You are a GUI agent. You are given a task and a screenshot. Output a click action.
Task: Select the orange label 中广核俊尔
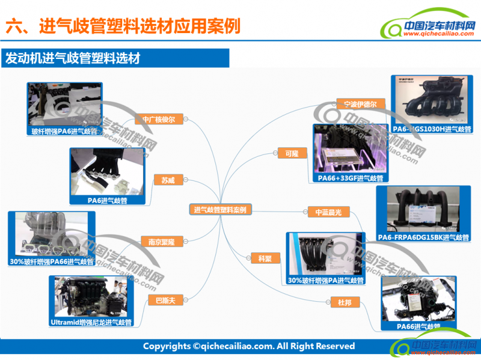[159, 119]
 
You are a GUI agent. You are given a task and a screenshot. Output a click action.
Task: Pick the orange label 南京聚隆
[161, 242]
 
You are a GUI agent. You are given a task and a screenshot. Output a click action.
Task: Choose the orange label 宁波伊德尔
[360, 104]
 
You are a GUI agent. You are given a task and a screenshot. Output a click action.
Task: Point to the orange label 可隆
[292, 153]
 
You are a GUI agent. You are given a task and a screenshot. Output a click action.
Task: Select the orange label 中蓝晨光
[328, 212]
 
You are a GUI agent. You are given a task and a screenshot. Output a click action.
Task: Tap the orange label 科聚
[265, 258]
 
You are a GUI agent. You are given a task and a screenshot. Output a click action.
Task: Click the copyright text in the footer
[248, 346]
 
